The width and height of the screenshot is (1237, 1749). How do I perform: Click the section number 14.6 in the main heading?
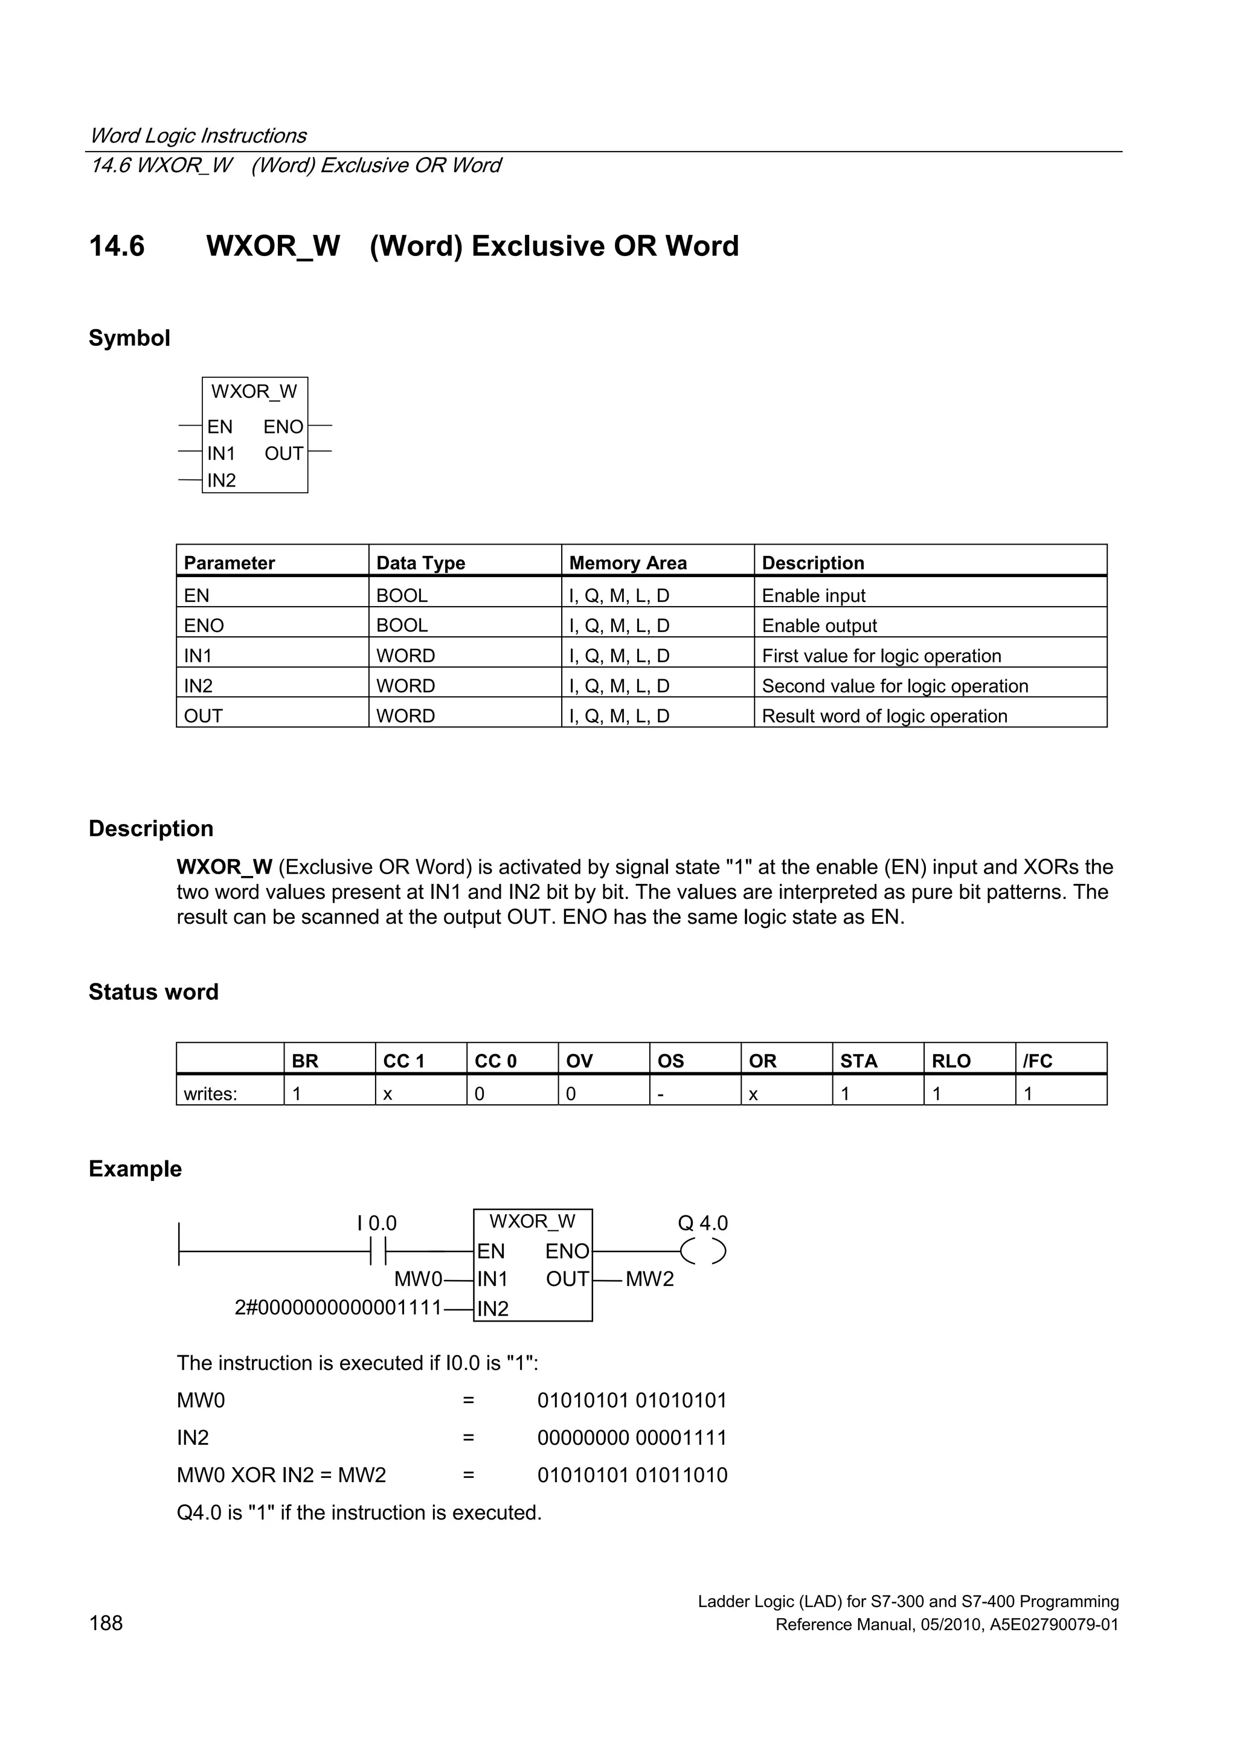(117, 246)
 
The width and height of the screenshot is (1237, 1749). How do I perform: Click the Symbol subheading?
(129, 337)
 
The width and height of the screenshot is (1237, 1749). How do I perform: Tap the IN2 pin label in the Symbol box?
(221, 480)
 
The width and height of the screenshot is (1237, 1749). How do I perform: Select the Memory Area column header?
(628, 563)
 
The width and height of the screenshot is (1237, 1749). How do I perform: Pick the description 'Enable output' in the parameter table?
(820, 625)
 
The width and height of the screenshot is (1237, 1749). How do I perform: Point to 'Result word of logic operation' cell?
(884, 716)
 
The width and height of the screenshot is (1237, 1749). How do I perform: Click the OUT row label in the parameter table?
(204, 716)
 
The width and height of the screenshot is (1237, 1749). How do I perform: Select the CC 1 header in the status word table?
(403, 1061)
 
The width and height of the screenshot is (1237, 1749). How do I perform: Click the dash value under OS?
(661, 1094)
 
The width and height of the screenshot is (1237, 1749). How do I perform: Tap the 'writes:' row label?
(210, 1094)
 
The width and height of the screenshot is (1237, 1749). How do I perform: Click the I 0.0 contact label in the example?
(376, 1223)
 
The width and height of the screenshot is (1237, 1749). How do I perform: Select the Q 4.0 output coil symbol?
(702, 1252)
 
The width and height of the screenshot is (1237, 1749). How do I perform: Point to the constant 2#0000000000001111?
(338, 1308)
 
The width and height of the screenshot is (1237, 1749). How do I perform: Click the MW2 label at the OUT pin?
(649, 1279)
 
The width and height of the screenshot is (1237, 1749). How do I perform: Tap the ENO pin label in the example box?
(567, 1252)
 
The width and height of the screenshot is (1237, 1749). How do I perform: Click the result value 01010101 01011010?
(632, 1475)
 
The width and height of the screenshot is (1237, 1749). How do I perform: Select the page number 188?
(106, 1623)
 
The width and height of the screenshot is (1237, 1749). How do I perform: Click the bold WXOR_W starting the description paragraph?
(224, 867)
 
